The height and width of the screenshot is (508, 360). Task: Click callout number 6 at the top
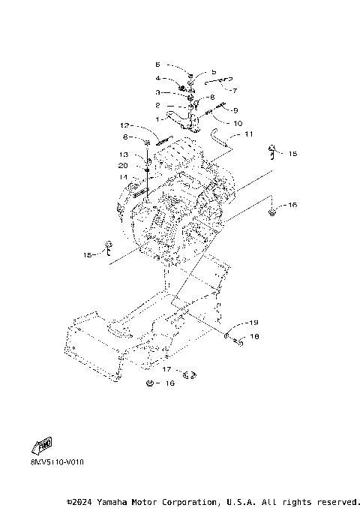point(158,65)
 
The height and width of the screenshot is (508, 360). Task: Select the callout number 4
point(158,78)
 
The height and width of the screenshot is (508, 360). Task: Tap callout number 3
point(158,92)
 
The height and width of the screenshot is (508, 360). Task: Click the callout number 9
point(234,110)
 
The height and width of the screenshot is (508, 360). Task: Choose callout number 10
point(238,122)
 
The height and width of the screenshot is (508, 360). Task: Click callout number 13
point(124,154)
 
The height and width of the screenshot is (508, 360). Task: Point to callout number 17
point(166,370)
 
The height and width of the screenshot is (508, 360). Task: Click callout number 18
point(254,338)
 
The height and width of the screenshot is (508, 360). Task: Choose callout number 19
point(254,323)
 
